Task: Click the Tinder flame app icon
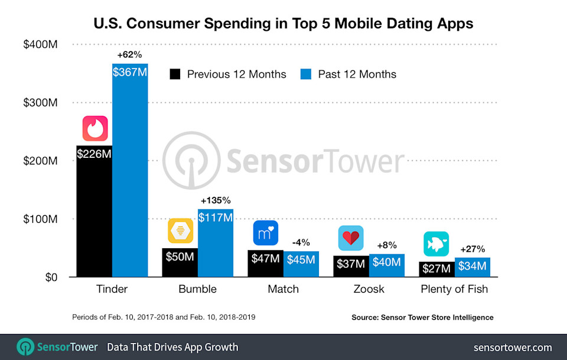(94, 128)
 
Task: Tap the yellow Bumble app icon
(180, 231)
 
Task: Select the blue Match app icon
(265, 232)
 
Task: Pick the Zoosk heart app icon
(351, 238)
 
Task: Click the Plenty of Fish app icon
(436, 244)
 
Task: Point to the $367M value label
(129, 72)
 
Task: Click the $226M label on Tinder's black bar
(94, 154)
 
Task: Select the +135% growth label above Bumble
(216, 199)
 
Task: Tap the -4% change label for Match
(301, 242)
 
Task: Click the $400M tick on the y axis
(40, 44)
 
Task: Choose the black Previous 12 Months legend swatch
(175, 74)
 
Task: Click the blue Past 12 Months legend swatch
(306, 74)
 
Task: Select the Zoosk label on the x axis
(369, 289)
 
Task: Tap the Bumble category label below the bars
(197, 289)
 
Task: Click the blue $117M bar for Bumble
(216, 248)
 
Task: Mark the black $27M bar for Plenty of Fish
(436, 269)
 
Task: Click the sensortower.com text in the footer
(513, 347)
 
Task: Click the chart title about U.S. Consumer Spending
(283, 24)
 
